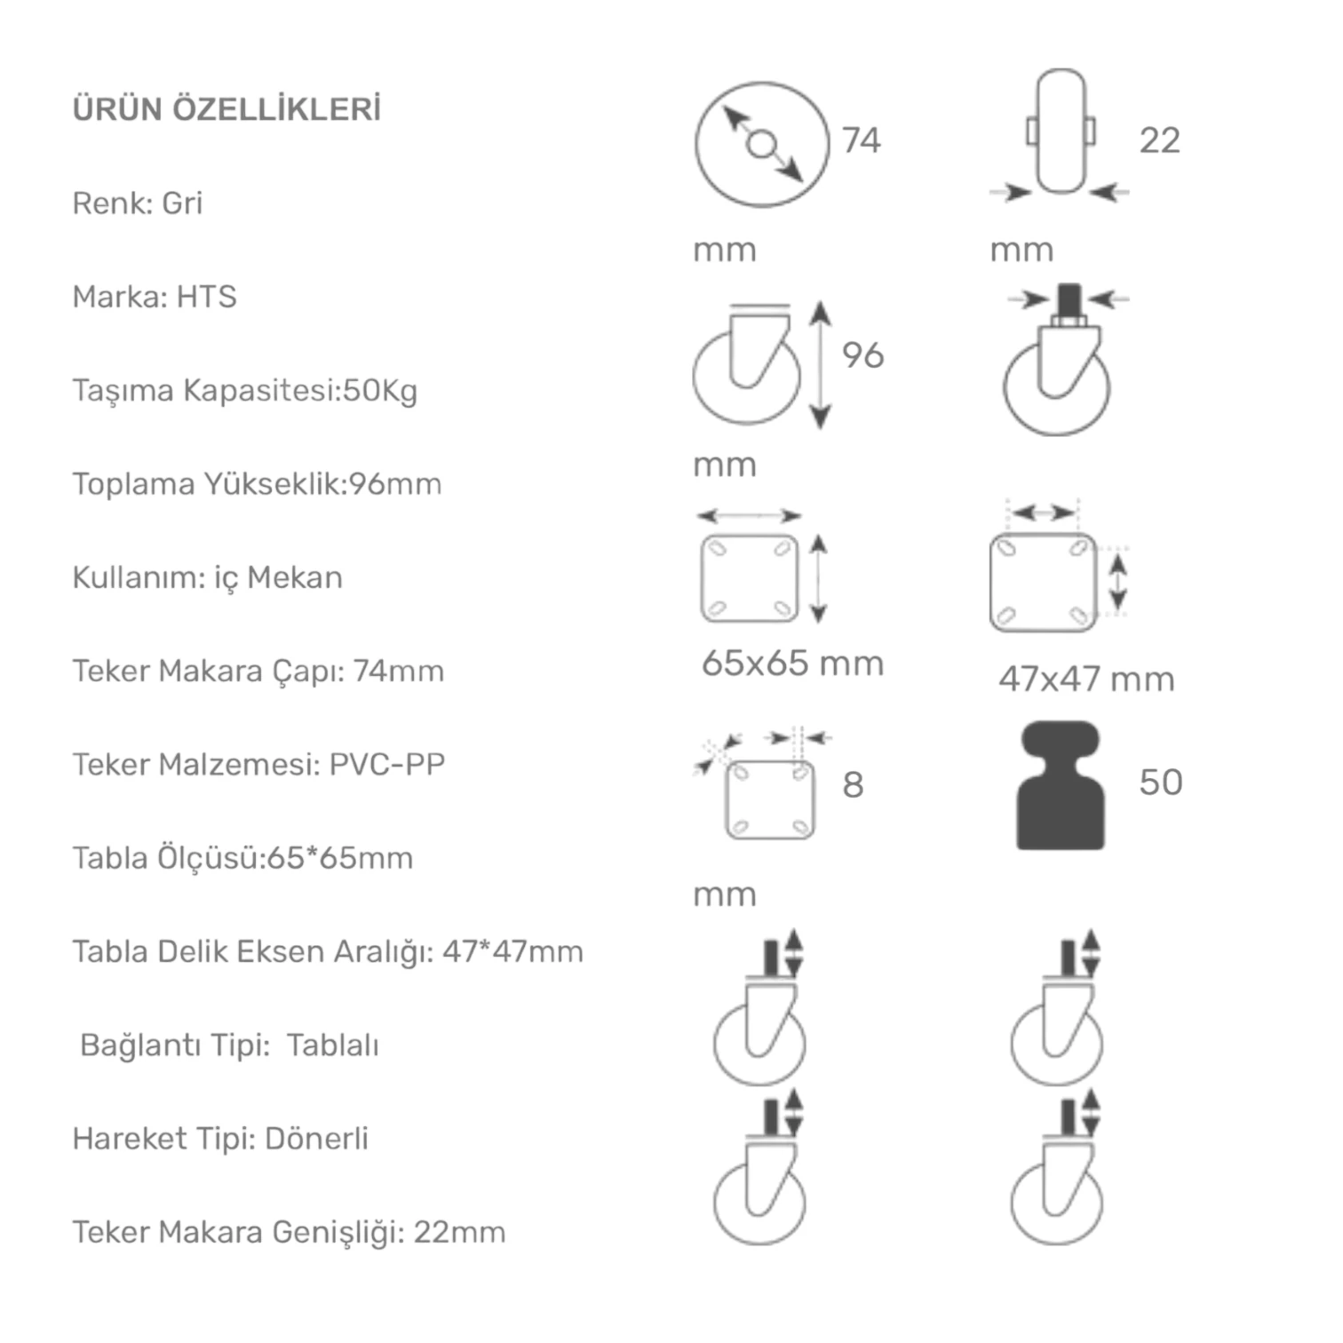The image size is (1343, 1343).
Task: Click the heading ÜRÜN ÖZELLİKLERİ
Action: [226, 108]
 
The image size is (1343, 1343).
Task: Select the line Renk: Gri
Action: [138, 203]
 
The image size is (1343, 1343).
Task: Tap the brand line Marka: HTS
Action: [155, 297]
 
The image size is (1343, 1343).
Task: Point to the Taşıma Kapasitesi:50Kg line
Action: [245, 391]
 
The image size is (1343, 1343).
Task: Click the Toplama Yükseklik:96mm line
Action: [257, 484]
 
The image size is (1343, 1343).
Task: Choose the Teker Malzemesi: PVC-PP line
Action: [258, 765]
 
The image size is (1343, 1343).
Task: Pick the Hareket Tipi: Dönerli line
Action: [220, 1139]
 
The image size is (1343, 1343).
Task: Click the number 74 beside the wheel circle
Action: [862, 140]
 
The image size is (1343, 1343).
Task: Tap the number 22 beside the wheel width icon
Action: [1160, 140]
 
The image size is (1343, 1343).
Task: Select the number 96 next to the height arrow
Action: [862, 355]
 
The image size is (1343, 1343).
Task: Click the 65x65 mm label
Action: [792, 664]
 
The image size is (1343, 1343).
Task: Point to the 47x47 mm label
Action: [1086, 679]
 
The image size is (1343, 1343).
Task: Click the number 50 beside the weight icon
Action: [1161, 783]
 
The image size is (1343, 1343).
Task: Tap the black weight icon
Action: [1061, 786]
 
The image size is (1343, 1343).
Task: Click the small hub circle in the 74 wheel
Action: [762, 144]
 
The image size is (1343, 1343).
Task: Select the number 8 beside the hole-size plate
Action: [853, 785]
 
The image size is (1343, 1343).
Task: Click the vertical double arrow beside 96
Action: [821, 365]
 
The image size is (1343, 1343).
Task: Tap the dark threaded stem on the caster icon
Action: [1069, 302]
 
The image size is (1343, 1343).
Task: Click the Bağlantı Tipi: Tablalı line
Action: [229, 1045]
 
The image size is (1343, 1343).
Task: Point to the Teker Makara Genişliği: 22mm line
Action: [289, 1233]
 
